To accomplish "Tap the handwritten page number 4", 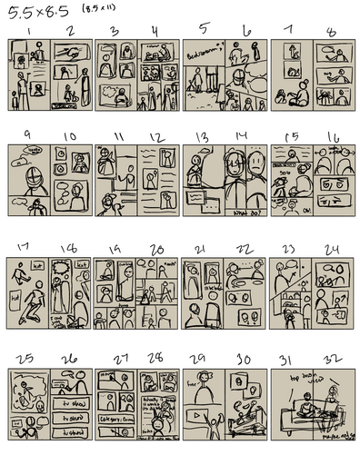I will (x=154, y=31).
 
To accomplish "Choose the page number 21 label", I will (x=202, y=248).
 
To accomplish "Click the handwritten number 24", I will (x=333, y=248).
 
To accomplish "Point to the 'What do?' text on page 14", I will (x=245, y=213).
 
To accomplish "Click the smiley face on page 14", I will (x=255, y=165).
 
